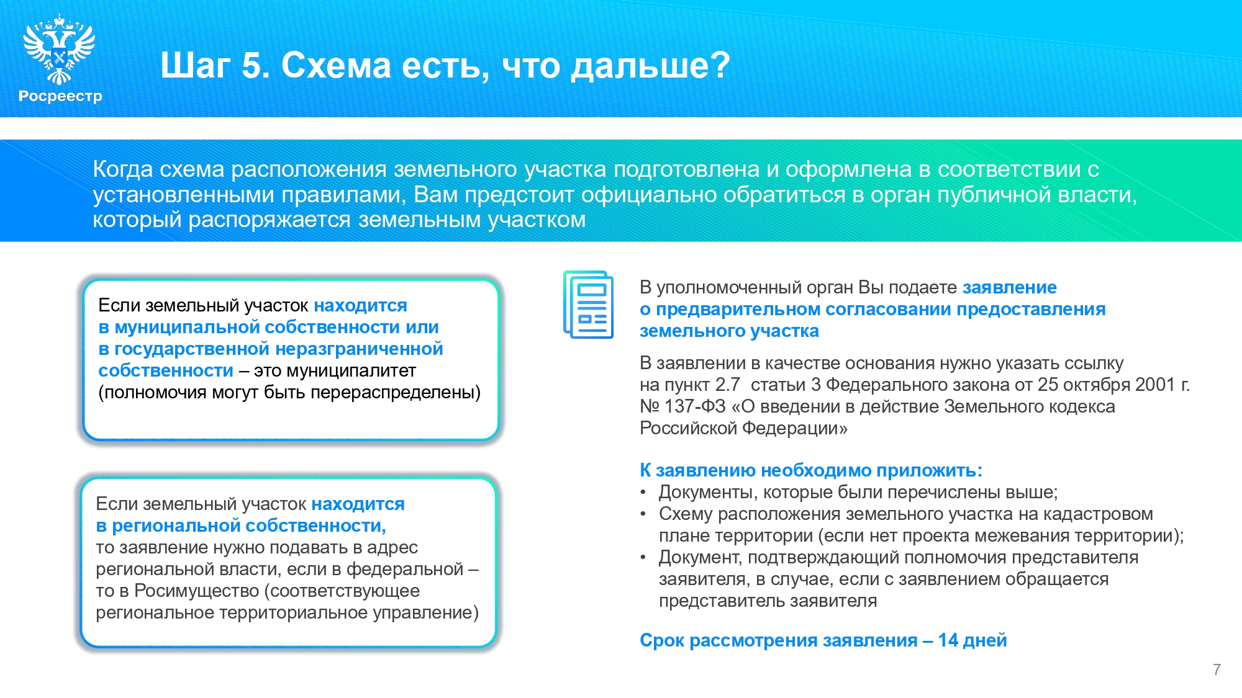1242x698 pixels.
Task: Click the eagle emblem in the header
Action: point(59,49)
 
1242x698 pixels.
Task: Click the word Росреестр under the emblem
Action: point(60,96)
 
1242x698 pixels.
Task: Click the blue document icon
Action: point(588,305)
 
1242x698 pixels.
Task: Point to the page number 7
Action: point(1217,669)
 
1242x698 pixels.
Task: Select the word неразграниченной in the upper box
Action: point(359,349)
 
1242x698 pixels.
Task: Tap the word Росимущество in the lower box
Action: point(199,591)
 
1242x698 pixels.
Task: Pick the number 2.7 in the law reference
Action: point(727,385)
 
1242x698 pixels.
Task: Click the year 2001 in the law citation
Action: point(1155,385)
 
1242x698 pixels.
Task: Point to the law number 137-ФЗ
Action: point(695,406)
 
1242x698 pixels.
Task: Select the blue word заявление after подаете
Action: point(1010,288)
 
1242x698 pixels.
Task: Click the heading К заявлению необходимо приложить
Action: point(811,470)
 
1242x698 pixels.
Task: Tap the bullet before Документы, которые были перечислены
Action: point(643,493)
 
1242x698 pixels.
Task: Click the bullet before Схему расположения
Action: point(643,514)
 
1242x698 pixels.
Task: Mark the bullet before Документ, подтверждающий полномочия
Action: point(643,558)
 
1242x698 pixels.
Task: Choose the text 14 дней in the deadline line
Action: point(972,640)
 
